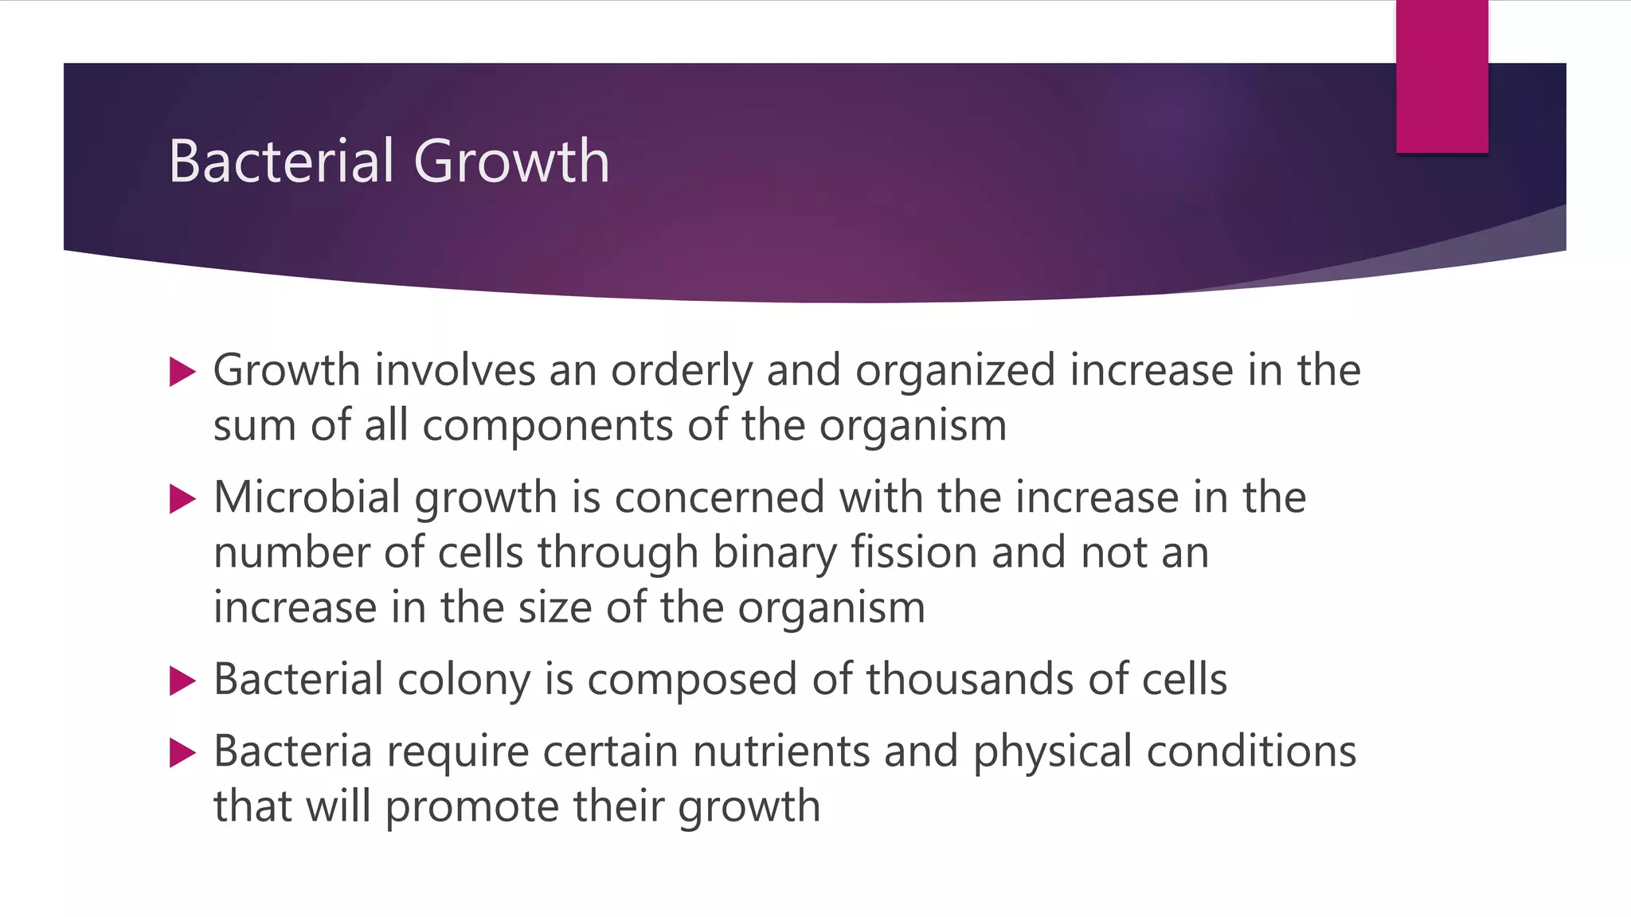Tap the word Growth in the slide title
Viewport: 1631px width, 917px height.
511,162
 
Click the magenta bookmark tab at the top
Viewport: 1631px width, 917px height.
1441,76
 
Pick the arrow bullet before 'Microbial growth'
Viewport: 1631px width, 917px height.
182,500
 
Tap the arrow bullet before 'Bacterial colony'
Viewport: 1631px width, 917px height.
182,681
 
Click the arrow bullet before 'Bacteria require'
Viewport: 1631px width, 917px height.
182,753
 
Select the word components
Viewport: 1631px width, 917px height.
547,426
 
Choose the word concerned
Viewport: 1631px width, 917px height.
719,498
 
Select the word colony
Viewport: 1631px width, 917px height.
463,681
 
